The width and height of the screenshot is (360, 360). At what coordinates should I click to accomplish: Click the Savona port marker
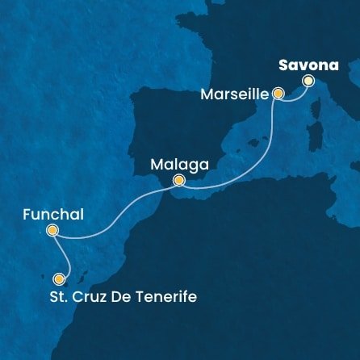(308, 80)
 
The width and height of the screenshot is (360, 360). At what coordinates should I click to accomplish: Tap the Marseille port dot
(278, 94)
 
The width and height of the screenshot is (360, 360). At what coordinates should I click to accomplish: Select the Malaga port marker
(178, 180)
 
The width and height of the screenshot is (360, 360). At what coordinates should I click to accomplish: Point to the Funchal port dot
(52, 230)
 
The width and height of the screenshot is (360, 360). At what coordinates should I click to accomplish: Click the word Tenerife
(164, 297)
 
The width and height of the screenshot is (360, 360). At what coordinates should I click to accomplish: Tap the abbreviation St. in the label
(55, 297)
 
